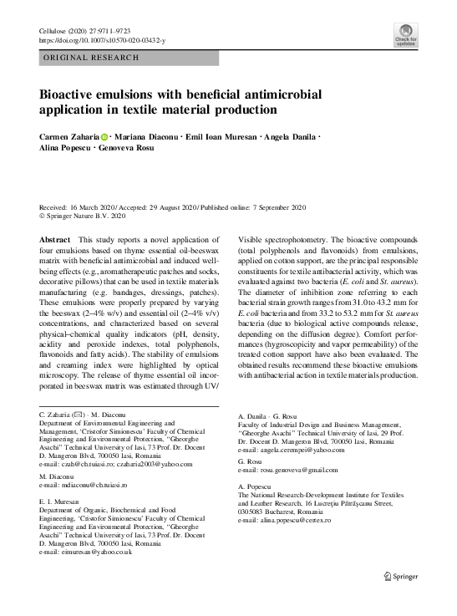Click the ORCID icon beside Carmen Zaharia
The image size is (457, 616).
(x=105, y=136)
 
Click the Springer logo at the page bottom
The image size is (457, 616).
(x=400, y=577)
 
